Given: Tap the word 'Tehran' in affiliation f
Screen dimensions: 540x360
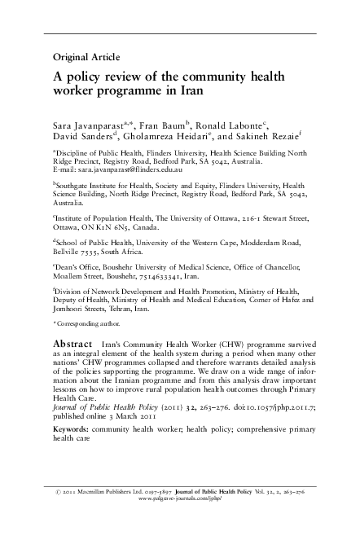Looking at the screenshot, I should tap(148, 323).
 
